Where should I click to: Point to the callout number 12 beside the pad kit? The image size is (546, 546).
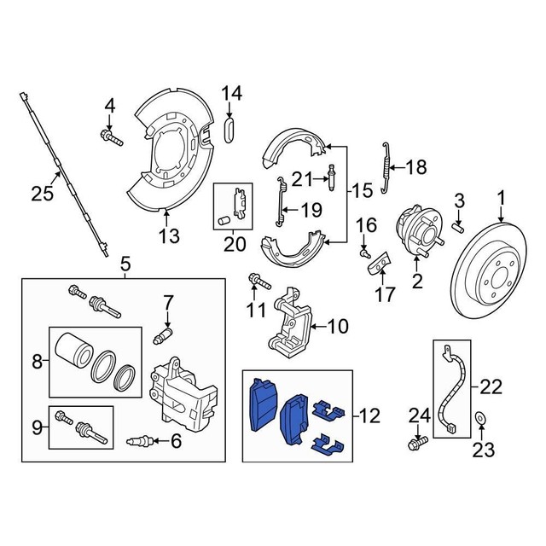(369, 416)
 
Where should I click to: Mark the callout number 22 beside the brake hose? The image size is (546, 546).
(491, 386)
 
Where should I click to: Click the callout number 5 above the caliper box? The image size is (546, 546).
(125, 264)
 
